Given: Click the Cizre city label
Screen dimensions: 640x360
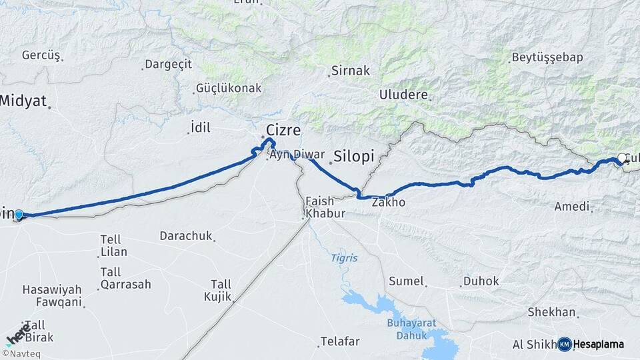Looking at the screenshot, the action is pyautogui.click(x=283, y=130).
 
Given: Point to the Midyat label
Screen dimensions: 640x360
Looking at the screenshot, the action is pyautogui.click(x=23, y=101).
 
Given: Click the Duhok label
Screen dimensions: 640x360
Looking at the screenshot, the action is pyautogui.click(x=481, y=281).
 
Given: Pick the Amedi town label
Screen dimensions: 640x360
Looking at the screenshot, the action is pyautogui.click(x=572, y=207).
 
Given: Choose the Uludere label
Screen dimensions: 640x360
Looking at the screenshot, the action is pyautogui.click(x=403, y=95).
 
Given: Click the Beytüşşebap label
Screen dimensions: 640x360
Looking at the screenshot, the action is pyautogui.click(x=547, y=57).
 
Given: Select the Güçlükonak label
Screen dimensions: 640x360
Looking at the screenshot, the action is pyautogui.click(x=228, y=88).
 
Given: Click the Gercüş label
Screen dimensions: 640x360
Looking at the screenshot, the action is pyautogui.click(x=41, y=55).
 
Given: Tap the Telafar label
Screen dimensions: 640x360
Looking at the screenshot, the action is pyautogui.click(x=339, y=341).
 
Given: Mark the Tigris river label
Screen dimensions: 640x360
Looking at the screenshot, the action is pyautogui.click(x=344, y=258).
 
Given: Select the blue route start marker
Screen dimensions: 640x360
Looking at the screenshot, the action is pyautogui.click(x=19, y=215).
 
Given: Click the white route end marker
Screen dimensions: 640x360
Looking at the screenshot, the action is pyautogui.click(x=622, y=158).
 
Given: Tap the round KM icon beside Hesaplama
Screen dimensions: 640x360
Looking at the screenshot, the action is pyautogui.click(x=564, y=344).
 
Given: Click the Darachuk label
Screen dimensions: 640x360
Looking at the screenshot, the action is pyautogui.click(x=184, y=235).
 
